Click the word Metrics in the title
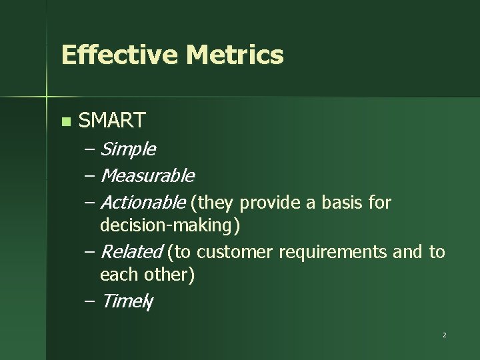coord(235,55)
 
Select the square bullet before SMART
coord(65,121)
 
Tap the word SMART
coord(112,121)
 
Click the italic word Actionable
coord(143,202)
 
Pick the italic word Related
coord(131,252)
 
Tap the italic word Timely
coord(127,301)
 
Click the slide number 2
coord(444,335)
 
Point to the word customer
coord(236,252)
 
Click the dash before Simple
coord(90,150)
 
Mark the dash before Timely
coord(90,301)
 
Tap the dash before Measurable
coord(90,177)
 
